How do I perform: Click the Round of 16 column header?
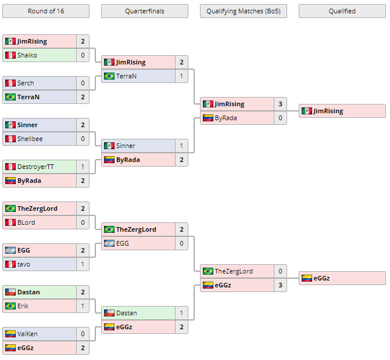pyautogui.click(x=46, y=11)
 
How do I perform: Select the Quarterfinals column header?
pyautogui.click(x=145, y=11)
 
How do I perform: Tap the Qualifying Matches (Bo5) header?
pyautogui.click(x=244, y=11)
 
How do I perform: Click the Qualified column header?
pyautogui.click(x=342, y=11)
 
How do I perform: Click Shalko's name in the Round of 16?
pyautogui.click(x=27, y=55)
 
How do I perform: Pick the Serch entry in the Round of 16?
pyautogui.click(x=26, y=83)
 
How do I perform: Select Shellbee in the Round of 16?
pyautogui.click(x=30, y=139)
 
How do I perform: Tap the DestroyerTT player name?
pyautogui.click(x=35, y=167)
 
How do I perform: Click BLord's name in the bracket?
pyautogui.click(x=26, y=222)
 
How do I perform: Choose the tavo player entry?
pyautogui.click(x=24, y=264)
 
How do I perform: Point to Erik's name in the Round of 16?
pyautogui.click(x=23, y=306)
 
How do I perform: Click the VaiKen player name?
pyautogui.click(x=27, y=334)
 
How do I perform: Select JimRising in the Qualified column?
pyautogui.click(x=328, y=111)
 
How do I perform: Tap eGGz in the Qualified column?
pyautogui.click(x=321, y=278)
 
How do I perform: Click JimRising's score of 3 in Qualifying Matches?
pyautogui.click(x=280, y=104)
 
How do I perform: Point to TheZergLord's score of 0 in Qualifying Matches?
pyautogui.click(x=280, y=271)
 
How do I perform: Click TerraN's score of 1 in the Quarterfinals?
pyautogui.click(x=181, y=76)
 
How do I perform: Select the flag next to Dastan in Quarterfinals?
pyautogui.click(x=109, y=313)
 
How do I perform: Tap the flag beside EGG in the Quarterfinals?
pyautogui.click(x=109, y=243)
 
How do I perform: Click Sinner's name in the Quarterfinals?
pyautogui.click(x=126, y=146)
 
